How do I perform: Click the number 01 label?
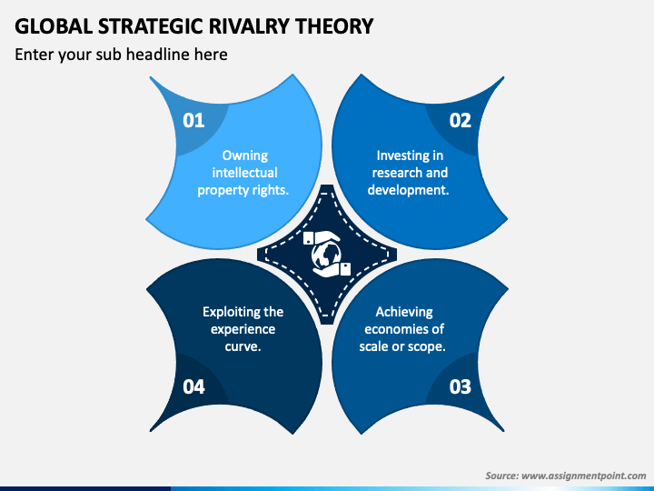193,120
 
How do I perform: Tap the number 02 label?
461,120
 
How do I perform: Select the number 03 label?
461,386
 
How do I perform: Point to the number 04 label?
193,386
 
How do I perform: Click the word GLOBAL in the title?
47,26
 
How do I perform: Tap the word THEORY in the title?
333,26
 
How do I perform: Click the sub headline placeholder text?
121,55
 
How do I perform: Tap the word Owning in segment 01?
244,155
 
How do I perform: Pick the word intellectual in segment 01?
244,173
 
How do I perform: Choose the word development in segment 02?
406,190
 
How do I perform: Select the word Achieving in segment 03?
404,312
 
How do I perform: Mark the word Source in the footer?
500,476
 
